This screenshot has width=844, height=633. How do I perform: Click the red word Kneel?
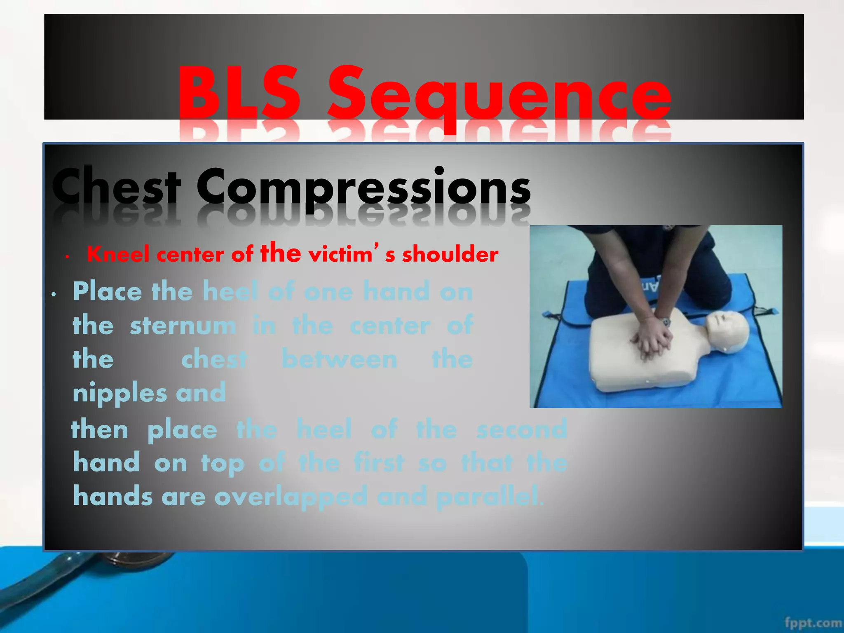pos(118,254)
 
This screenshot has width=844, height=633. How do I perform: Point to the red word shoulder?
pos(450,254)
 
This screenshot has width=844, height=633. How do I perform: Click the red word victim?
pos(340,254)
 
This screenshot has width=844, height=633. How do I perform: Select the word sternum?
pos(183,326)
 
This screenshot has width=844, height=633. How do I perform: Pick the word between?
pos(339,359)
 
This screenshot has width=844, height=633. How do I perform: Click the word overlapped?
pos(291,497)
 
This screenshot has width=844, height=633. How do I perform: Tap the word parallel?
pos(489,497)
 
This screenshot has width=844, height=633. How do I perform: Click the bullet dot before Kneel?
pos(67,257)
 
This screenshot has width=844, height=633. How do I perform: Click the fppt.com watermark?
pos(813,622)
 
